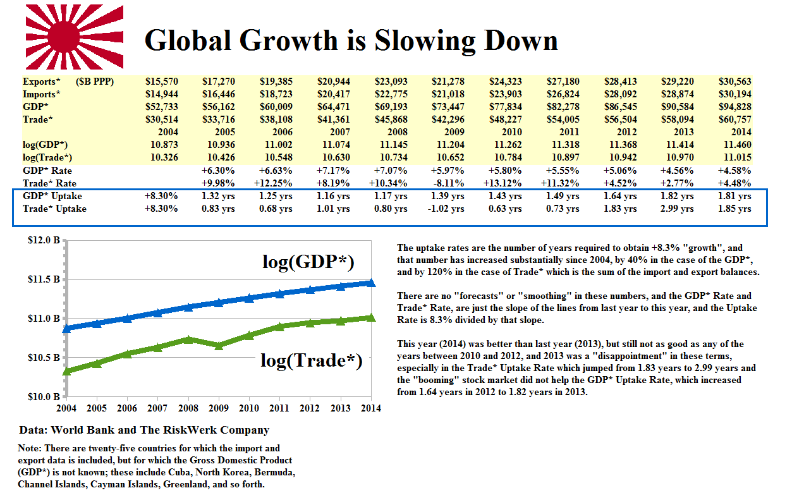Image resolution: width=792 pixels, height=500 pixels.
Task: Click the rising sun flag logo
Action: click(74, 37)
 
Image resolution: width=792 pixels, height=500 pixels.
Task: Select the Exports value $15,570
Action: click(162, 82)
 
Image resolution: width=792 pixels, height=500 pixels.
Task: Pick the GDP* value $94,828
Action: click(735, 107)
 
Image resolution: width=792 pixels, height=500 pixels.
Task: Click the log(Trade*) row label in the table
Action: click(47, 157)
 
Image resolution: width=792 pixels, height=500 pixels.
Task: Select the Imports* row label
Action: click(42, 94)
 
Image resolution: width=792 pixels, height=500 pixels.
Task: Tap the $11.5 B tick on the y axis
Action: click(44, 279)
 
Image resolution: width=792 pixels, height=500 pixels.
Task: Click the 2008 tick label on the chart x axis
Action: click(188, 408)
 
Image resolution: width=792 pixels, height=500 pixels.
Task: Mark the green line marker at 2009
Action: click(218, 346)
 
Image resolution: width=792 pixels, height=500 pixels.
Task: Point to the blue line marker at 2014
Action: click(370, 283)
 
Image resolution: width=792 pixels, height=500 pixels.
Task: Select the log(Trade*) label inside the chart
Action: click(311, 360)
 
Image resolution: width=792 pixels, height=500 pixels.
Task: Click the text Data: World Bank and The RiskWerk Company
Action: click(144, 430)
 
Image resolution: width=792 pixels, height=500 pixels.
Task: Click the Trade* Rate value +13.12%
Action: click(505, 183)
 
